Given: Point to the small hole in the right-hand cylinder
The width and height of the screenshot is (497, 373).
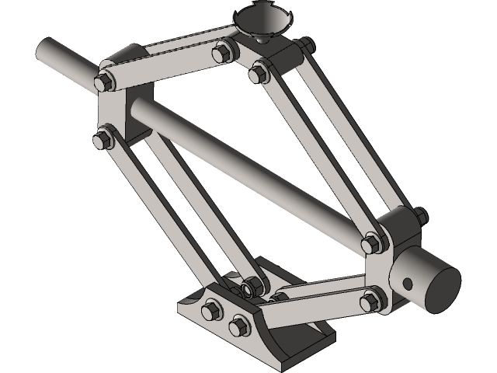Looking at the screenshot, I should click(405, 281).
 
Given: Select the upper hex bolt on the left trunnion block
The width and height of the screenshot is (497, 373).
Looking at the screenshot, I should click(103, 82).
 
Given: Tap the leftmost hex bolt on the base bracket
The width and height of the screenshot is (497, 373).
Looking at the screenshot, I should click(210, 311).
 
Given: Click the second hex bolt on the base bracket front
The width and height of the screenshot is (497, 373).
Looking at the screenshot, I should click(236, 326).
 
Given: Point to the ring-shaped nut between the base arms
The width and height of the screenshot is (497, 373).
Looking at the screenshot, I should click(248, 288).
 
